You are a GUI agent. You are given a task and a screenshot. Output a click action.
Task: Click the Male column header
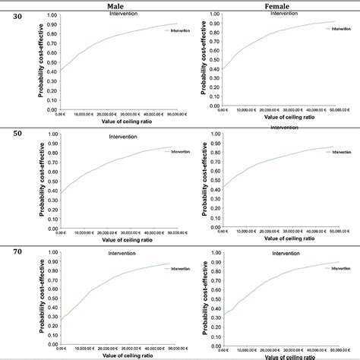pos(116,5)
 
